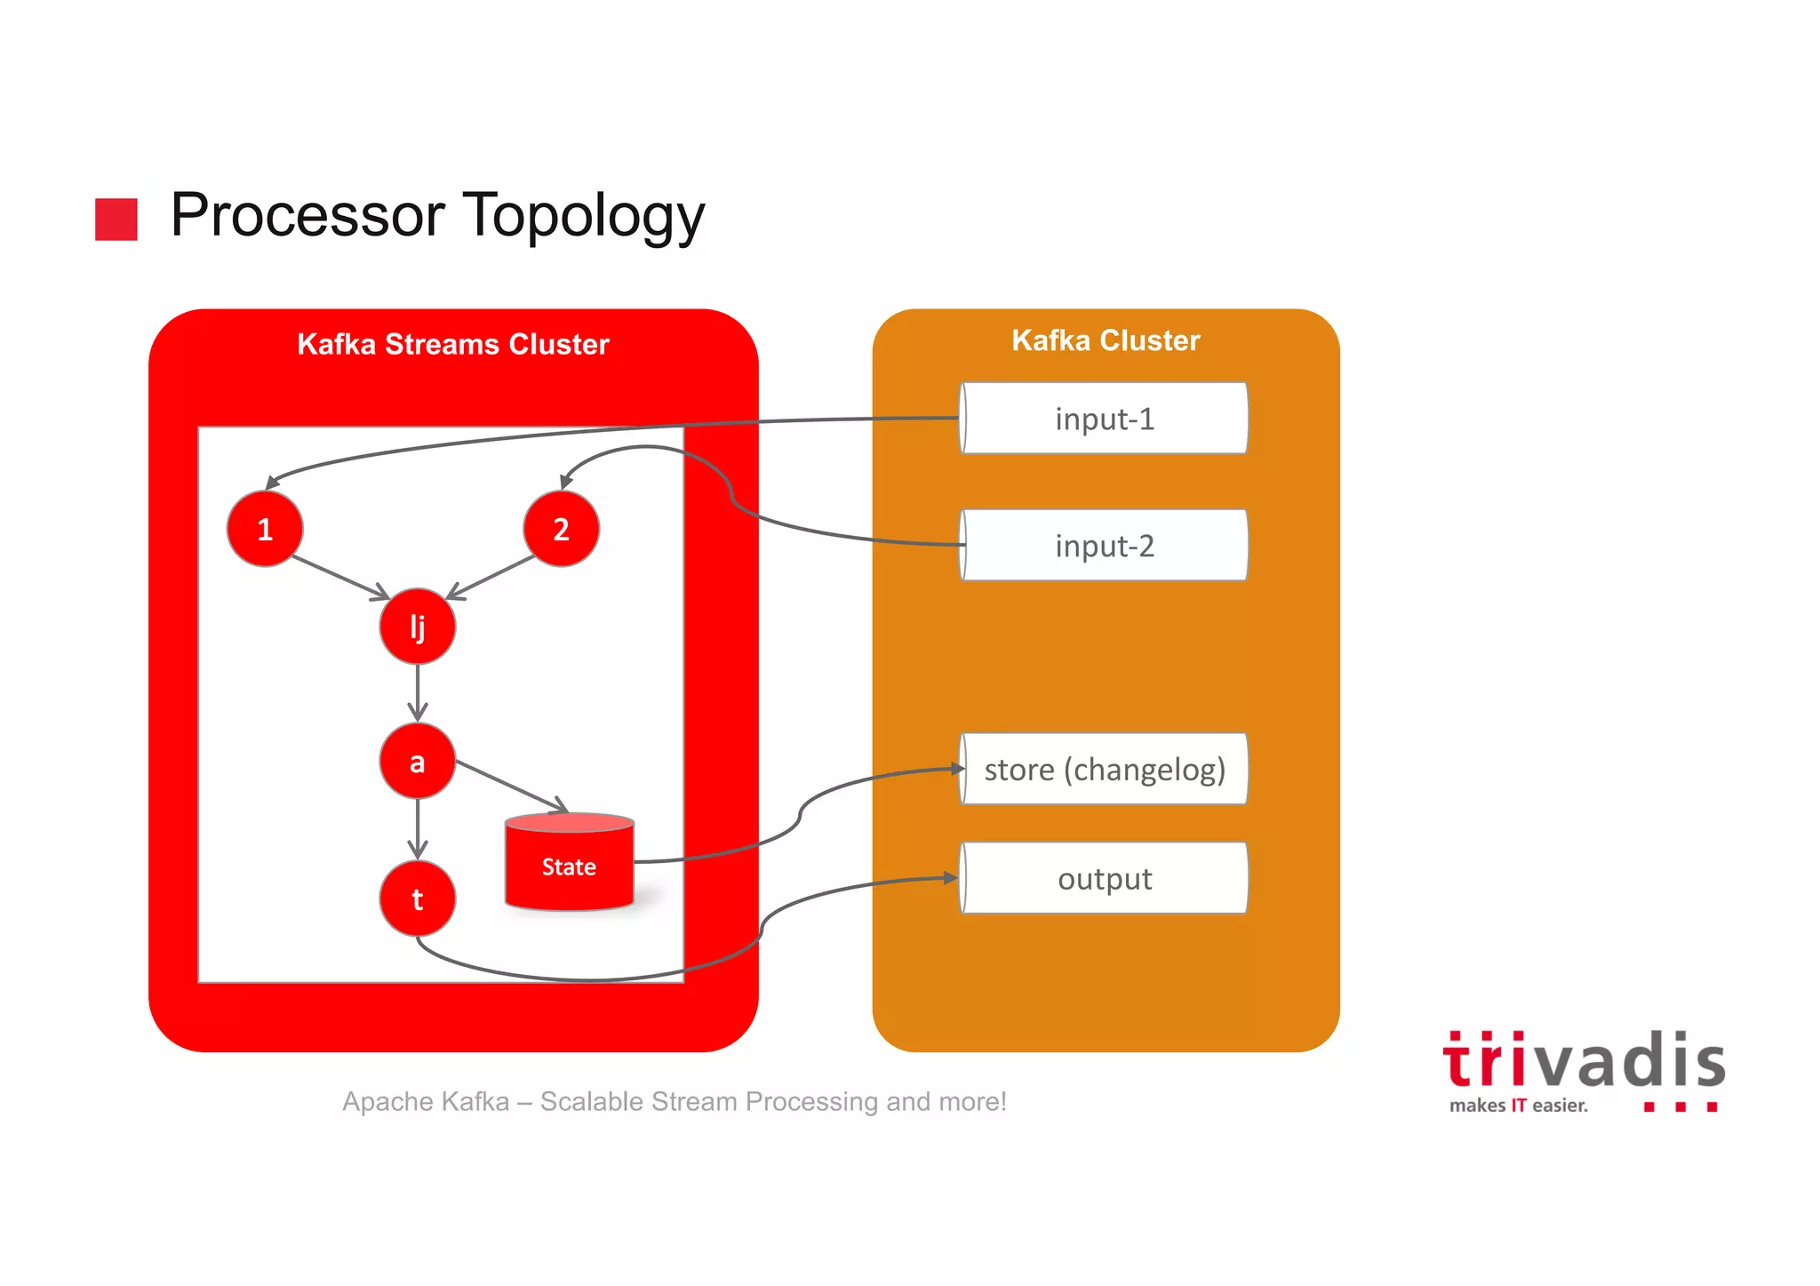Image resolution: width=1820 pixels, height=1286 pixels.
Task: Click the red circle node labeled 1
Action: [265, 529]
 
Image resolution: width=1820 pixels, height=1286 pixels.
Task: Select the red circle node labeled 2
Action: [561, 529]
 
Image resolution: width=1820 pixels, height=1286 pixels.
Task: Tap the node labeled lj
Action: [417, 627]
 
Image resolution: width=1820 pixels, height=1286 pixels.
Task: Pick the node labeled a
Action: [417, 762]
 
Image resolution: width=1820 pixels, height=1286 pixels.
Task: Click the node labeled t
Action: [417, 899]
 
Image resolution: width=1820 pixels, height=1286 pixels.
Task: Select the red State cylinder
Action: [569, 865]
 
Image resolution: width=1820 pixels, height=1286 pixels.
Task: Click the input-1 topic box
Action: [1104, 419]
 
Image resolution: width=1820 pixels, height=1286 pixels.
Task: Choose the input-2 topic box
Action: [1104, 546]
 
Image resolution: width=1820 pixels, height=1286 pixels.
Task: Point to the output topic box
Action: [1104, 879]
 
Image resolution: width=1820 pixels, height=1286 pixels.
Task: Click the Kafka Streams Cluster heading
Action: [453, 344]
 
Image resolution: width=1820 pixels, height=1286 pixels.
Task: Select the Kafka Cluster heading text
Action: [1106, 340]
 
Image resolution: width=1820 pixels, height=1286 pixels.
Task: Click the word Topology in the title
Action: [584, 216]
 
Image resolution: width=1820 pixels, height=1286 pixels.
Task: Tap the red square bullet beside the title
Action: [116, 219]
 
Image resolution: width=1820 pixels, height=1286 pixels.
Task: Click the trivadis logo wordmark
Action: [1584, 1061]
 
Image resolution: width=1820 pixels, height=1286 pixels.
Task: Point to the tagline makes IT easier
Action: [1518, 1106]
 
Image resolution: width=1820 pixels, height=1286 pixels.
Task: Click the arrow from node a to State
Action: [511, 786]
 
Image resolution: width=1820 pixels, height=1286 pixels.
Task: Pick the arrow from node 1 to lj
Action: [340, 578]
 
